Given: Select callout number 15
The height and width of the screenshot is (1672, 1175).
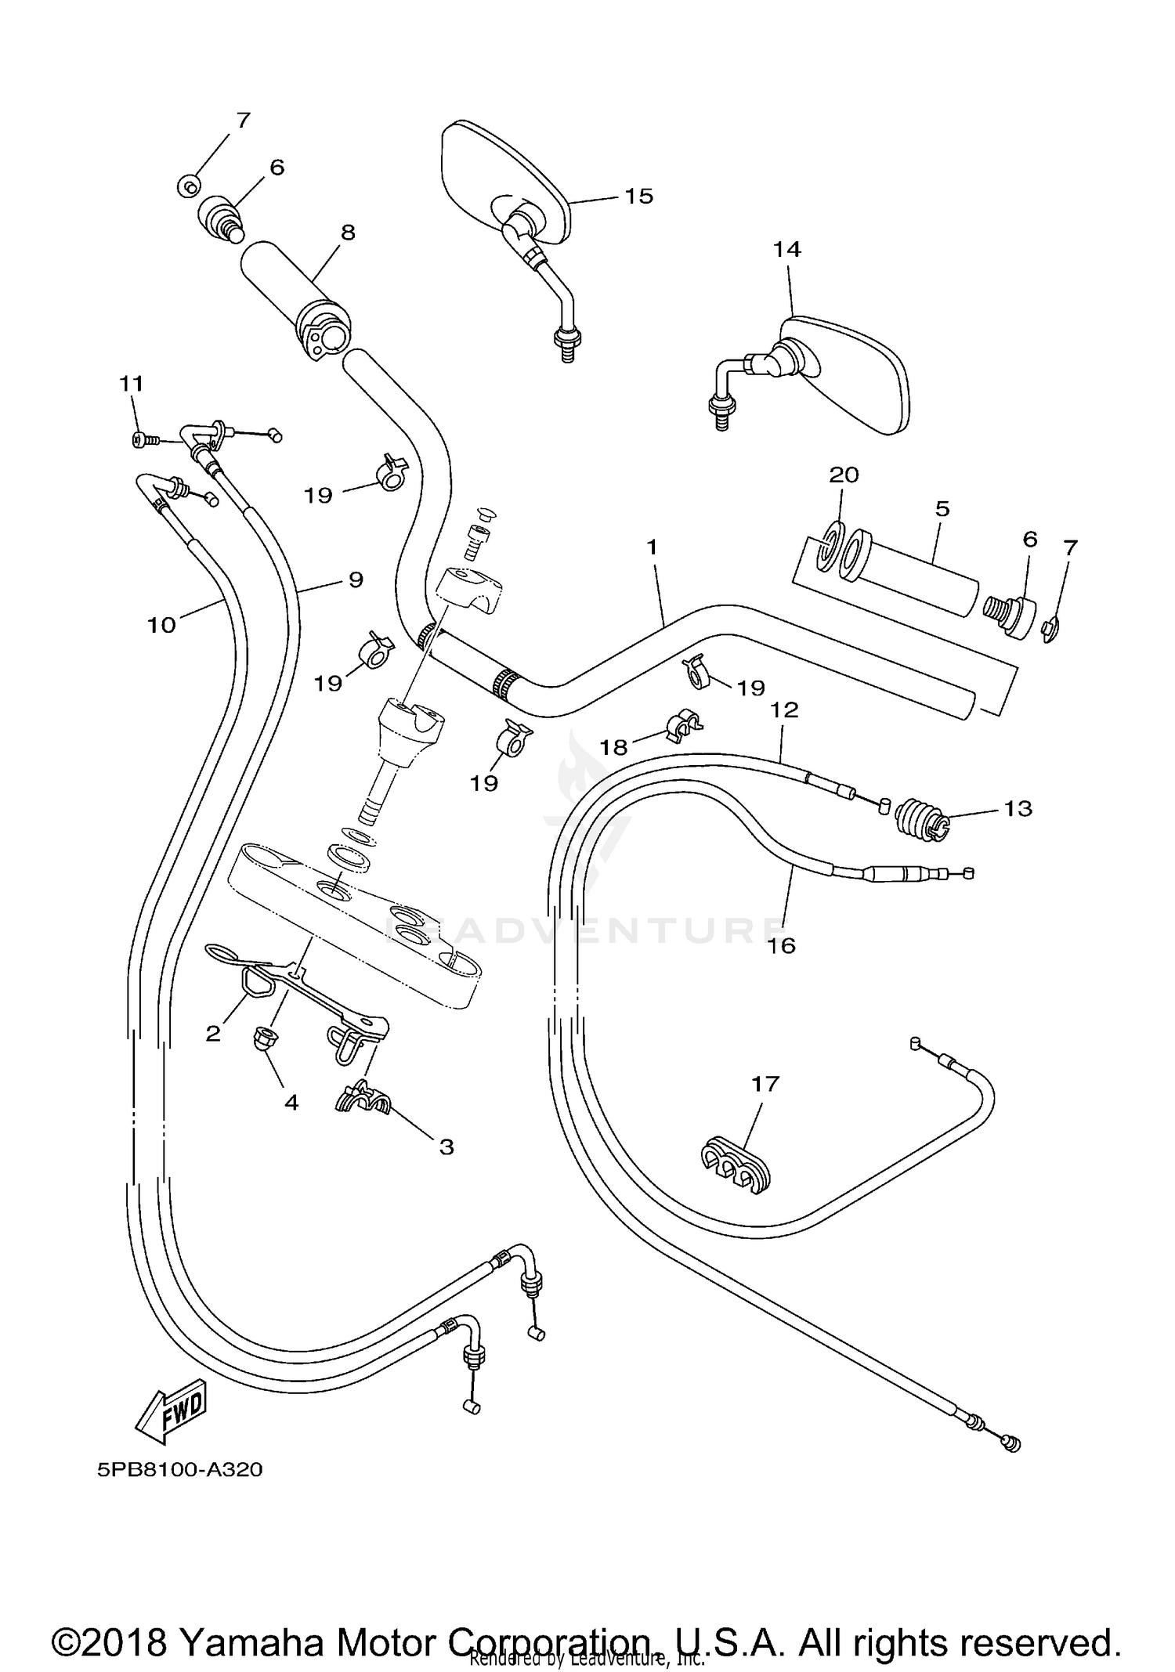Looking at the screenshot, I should pos(638,196).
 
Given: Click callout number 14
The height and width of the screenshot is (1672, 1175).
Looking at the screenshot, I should pos(786,249).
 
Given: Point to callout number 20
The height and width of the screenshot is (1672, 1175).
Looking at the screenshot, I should pos(844,475).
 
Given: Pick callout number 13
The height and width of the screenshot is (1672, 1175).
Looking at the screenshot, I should pos(1018,808).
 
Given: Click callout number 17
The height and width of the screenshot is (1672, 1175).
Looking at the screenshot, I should pos(765,1084).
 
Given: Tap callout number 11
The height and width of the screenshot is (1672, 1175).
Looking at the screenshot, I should pos(132,384).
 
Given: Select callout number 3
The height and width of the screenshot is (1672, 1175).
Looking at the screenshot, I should pos(446,1147).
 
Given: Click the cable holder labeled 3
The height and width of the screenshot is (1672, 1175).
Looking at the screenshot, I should pos(363,1100).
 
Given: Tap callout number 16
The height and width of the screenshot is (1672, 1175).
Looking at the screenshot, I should pos(781,945).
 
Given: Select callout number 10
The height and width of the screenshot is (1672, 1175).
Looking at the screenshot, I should pos(161,625).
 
